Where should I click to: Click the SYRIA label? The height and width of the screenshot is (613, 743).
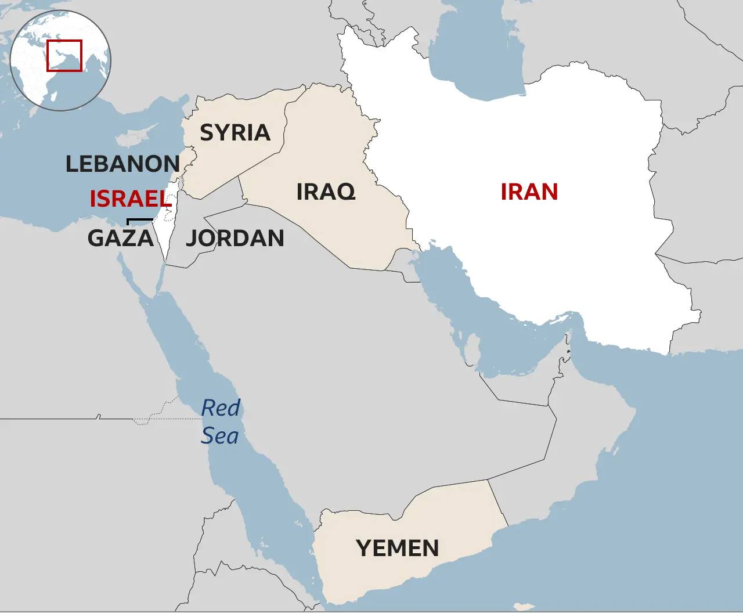point(235,133)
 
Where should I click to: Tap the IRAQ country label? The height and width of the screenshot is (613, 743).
point(325,191)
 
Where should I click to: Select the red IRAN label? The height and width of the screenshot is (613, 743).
point(529,192)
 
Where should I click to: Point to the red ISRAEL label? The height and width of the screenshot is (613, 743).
point(130,199)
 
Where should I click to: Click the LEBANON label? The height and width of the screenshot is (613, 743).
point(122,164)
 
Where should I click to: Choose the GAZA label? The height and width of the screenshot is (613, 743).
point(121,238)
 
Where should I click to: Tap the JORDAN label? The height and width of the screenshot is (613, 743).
point(235,238)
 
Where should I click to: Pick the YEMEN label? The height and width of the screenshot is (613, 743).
point(398,548)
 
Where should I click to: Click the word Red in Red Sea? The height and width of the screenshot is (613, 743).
point(221,408)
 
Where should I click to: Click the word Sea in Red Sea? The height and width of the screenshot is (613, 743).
point(219,435)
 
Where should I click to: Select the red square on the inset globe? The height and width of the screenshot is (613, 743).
point(64,56)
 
